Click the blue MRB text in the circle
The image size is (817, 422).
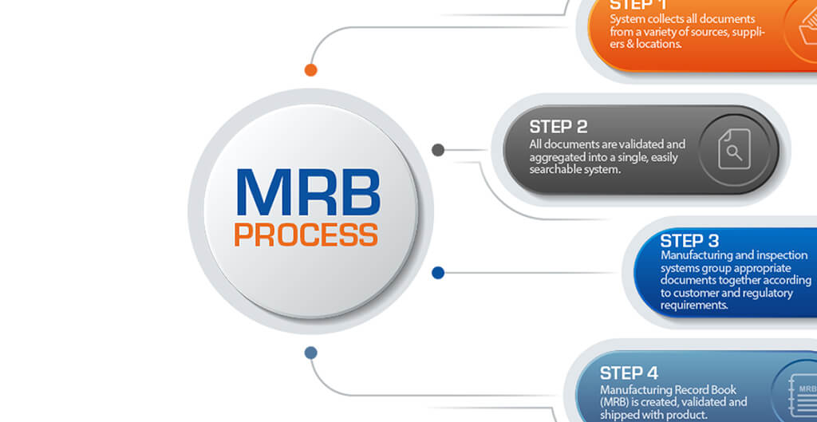[308, 191]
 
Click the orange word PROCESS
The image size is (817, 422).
[306, 235]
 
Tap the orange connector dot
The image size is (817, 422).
[311, 69]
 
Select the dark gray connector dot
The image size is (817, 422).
[437, 150]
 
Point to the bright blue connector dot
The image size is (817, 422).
[437, 273]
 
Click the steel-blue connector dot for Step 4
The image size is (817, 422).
[311, 353]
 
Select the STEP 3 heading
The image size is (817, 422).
[689, 240]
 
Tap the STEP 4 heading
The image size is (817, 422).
[630, 373]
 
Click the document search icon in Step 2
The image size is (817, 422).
[734, 150]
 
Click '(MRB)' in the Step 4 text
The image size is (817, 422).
[618, 402]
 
